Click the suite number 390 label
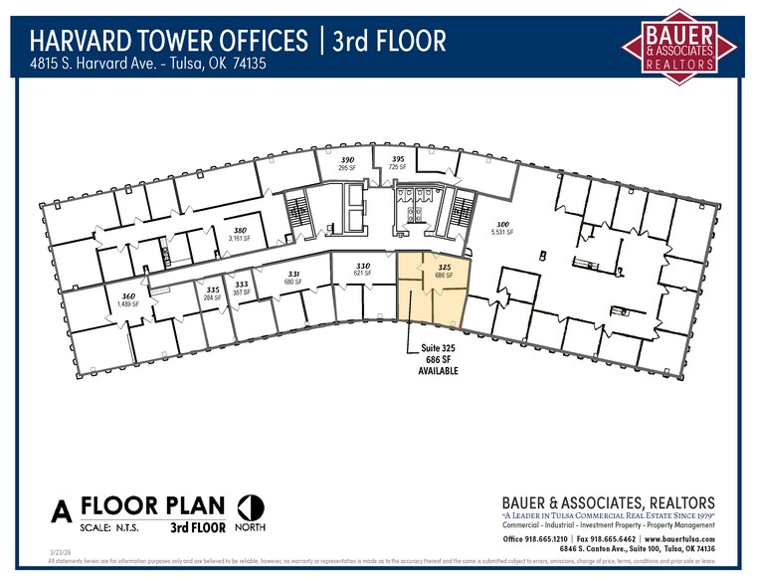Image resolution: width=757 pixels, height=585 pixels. [348, 160]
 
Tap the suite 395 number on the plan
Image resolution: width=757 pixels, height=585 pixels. [397, 159]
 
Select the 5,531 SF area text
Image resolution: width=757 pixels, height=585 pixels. [502, 233]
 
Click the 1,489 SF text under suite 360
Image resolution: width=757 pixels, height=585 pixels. [129, 304]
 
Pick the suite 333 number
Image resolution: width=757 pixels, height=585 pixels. [242, 285]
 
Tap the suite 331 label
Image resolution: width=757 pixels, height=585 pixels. [293, 274]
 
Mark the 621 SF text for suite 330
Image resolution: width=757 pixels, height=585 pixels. [363, 274]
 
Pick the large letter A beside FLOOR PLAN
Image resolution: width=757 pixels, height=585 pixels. [62, 511]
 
